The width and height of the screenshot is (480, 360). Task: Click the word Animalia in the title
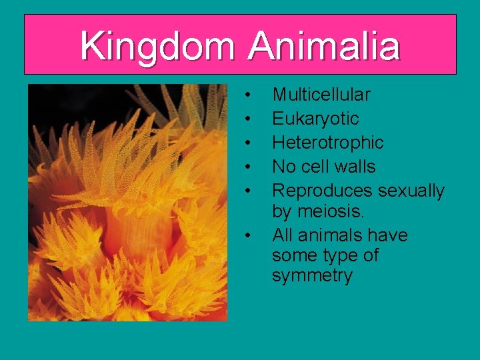tap(324, 47)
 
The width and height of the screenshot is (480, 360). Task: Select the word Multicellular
tap(321, 95)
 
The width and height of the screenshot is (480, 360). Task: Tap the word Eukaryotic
tap(315, 119)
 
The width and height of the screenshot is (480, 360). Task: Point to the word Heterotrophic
tap(328, 143)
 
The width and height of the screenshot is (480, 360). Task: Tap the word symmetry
tap(312, 276)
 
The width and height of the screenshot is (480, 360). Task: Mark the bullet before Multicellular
tap(248, 95)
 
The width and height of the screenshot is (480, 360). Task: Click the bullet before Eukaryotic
tap(248, 119)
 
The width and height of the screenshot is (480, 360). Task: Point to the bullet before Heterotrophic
tap(248, 143)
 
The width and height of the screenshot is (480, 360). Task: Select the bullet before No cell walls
tap(248, 167)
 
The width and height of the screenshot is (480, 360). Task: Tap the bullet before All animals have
tap(248, 235)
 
